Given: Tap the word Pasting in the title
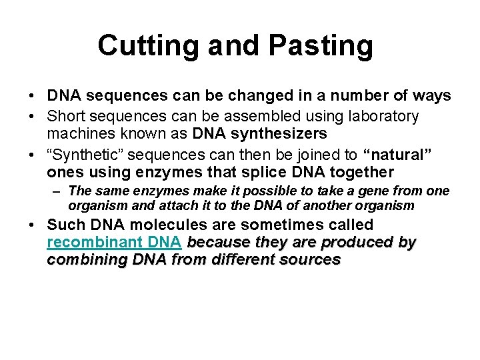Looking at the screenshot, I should point(322,46).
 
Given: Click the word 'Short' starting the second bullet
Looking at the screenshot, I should point(67,117).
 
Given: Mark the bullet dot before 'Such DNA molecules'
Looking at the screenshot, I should point(33,225).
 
